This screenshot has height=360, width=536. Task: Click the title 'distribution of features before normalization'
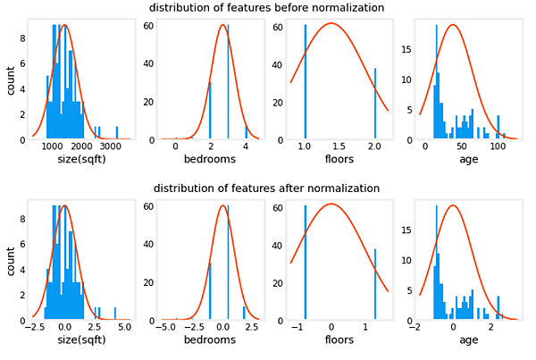click(266, 8)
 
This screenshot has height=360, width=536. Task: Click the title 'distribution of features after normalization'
click(266, 188)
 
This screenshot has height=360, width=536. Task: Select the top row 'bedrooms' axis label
click(209, 160)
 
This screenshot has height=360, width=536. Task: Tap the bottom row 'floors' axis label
click(339, 340)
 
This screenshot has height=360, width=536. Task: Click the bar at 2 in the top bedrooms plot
click(210, 111)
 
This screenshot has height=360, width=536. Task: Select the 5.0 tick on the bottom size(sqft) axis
click(123, 327)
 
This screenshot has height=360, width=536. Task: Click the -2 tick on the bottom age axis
click(415, 327)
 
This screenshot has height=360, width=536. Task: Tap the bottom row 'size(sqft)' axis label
click(76, 340)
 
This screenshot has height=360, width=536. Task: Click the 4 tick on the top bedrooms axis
click(245, 147)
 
